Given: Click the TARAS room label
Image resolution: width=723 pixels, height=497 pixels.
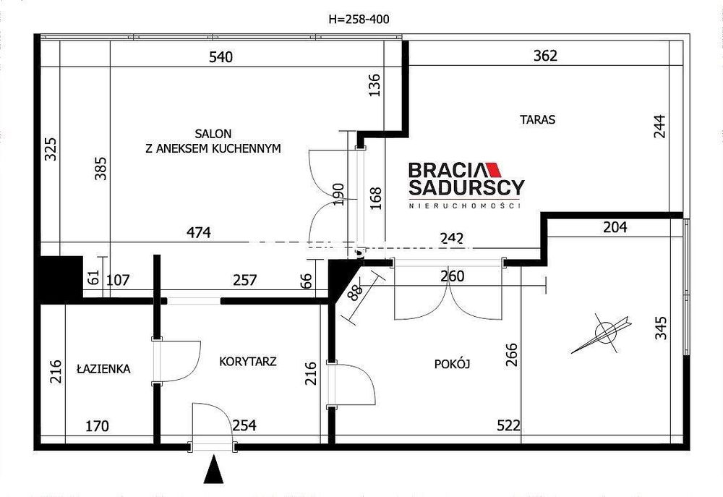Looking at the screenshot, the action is (x=538, y=119).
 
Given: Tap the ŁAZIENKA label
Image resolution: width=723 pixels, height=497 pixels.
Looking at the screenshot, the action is (x=103, y=369).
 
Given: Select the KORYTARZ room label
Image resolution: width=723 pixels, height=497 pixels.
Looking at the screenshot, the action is (x=247, y=361).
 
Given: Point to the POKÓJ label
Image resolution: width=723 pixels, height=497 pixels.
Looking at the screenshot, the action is (x=452, y=364).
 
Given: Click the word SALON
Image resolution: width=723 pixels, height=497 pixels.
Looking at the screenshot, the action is (x=213, y=134).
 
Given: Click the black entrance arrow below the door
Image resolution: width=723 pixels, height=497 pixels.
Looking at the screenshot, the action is (x=213, y=469).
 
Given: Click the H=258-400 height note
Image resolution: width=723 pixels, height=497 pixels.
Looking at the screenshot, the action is (x=359, y=19).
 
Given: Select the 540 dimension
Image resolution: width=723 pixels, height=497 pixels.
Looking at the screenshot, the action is (x=221, y=57).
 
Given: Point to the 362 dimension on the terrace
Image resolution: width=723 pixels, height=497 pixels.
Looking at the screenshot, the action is (x=545, y=56).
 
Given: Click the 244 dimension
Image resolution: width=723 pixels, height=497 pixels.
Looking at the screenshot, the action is (x=660, y=126).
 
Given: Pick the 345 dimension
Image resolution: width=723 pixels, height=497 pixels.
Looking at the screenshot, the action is (x=662, y=328).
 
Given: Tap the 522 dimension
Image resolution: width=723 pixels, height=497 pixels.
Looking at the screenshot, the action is (x=508, y=425).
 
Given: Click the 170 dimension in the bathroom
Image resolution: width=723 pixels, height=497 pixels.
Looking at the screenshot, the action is (x=98, y=425).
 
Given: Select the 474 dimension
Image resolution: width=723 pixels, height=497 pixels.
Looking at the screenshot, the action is (x=199, y=232).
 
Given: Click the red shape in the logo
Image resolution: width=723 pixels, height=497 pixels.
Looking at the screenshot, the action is (x=494, y=170).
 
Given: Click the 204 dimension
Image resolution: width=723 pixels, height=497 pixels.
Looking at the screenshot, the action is (x=615, y=227).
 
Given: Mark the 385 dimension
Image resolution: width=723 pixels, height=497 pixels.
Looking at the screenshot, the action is (x=100, y=169).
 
